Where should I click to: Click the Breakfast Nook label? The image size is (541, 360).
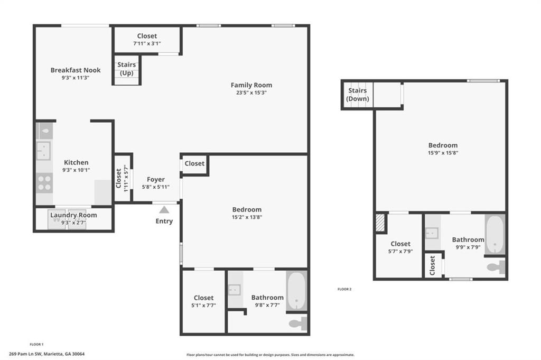(x=75, y=70)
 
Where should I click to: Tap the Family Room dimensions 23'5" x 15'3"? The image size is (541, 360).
(x=251, y=93)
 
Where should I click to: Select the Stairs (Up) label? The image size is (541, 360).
(x=126, y=69)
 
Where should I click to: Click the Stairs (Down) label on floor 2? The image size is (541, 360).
(x=358, y=95)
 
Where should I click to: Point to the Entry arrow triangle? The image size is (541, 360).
(x=164, y=210)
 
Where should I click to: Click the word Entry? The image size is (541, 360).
(x=164, y=221)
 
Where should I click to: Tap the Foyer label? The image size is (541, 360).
(x=155, y=180)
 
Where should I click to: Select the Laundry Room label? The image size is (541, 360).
(x=73, y=215)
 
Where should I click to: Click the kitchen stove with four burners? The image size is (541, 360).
(x=44, y=183)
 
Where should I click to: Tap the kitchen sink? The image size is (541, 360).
(x=43, y=150)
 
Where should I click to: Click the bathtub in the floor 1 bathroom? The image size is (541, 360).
(x=296, y=291)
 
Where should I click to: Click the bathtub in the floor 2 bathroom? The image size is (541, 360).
(x=495, y=234)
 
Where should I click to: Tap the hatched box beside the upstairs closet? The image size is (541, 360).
(x=380, y=223)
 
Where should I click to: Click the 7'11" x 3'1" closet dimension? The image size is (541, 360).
(x=147, y=44)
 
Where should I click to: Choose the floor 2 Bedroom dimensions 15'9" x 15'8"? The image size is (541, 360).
(x=443, y=153)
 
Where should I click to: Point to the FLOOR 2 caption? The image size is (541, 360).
(x=344, y=289)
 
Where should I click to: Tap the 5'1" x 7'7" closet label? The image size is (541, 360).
(x=203, y=306)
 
